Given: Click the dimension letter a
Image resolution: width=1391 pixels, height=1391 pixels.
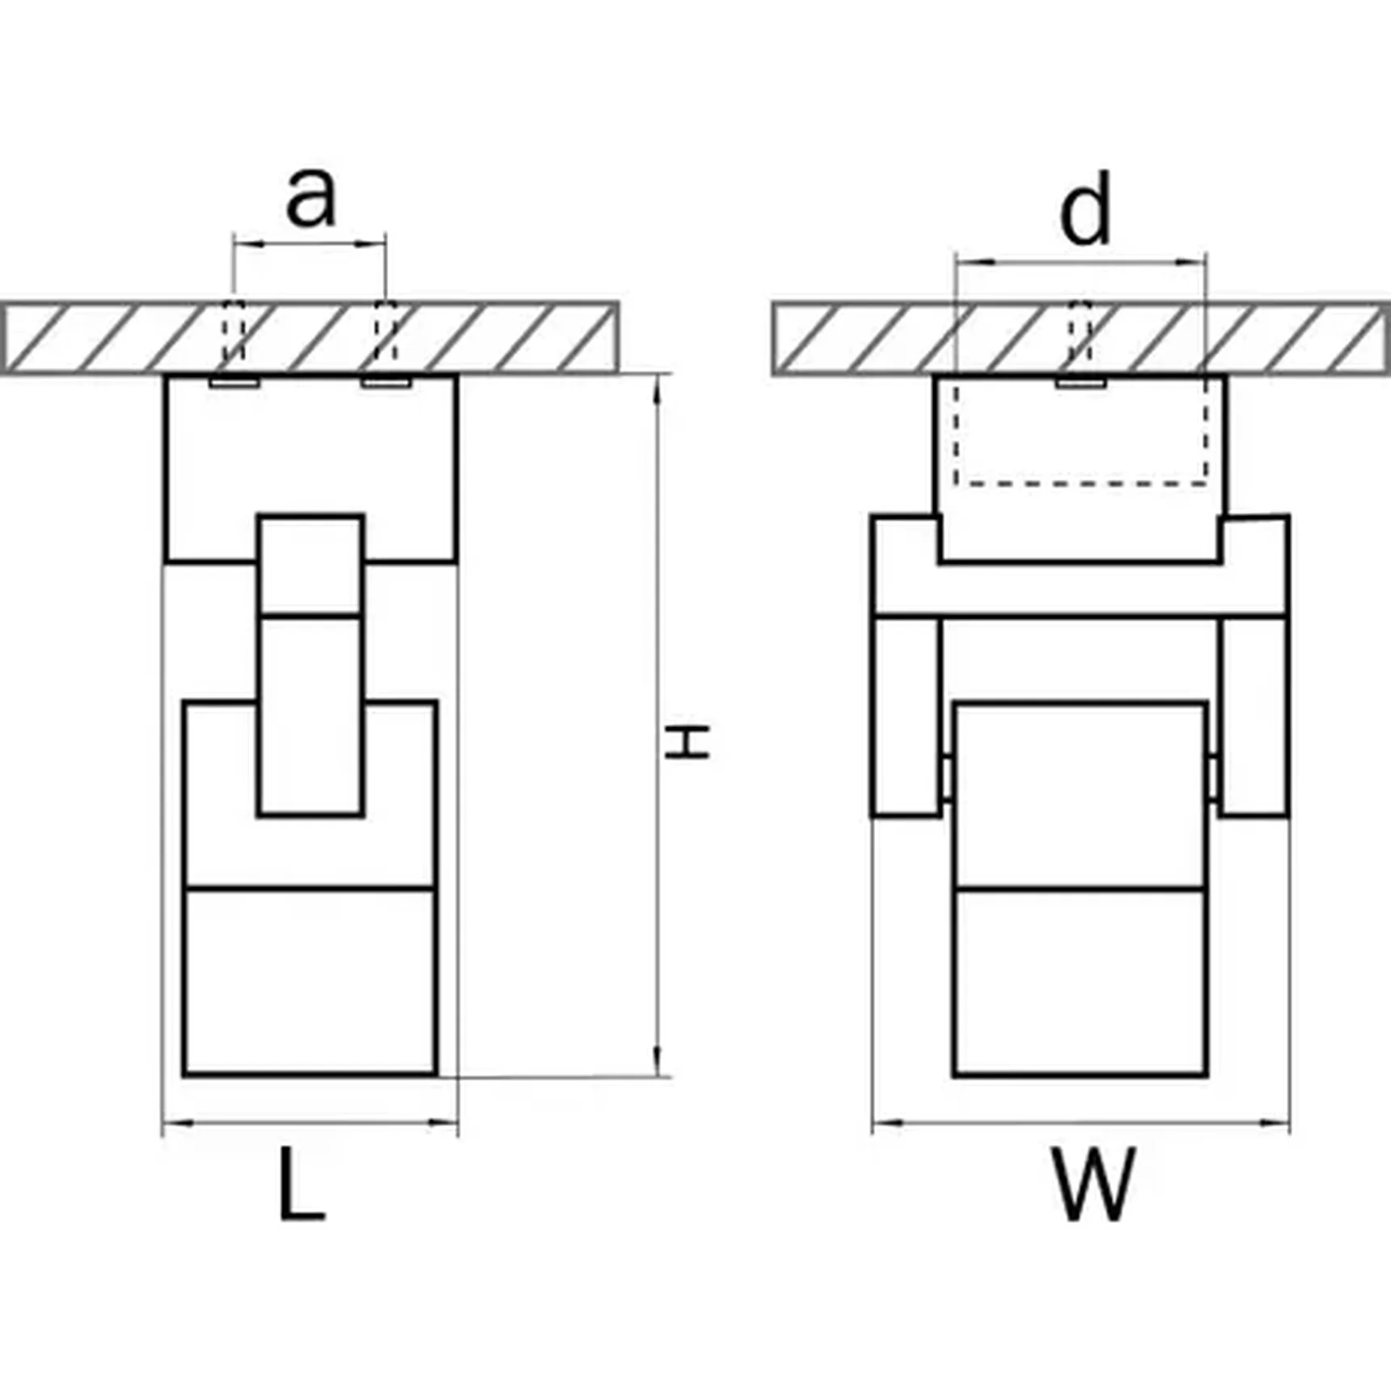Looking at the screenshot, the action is tap(311, 198).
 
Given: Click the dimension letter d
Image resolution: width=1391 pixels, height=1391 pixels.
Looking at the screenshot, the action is tap(1085, 209).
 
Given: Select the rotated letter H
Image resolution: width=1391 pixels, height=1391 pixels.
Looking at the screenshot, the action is tap(687, 742).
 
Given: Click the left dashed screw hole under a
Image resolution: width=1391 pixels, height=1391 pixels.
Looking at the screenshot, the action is tap(234, 336).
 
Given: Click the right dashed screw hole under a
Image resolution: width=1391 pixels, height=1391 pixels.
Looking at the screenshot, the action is tap(386, 336).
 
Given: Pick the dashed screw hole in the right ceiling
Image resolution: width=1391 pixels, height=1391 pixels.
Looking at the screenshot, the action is tap(1080, 336).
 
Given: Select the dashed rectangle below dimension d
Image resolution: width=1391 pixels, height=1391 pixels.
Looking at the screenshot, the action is tap(1081, 430).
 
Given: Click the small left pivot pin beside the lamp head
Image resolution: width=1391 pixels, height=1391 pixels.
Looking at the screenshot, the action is tap(948, 777).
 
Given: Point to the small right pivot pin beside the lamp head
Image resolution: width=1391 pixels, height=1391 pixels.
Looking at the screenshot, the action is tap(1213, 777).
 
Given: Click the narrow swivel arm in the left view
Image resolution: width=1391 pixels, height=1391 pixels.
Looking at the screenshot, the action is tap(311, 665).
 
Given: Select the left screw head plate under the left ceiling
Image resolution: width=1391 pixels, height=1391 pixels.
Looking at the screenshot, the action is tap(234, 381).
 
